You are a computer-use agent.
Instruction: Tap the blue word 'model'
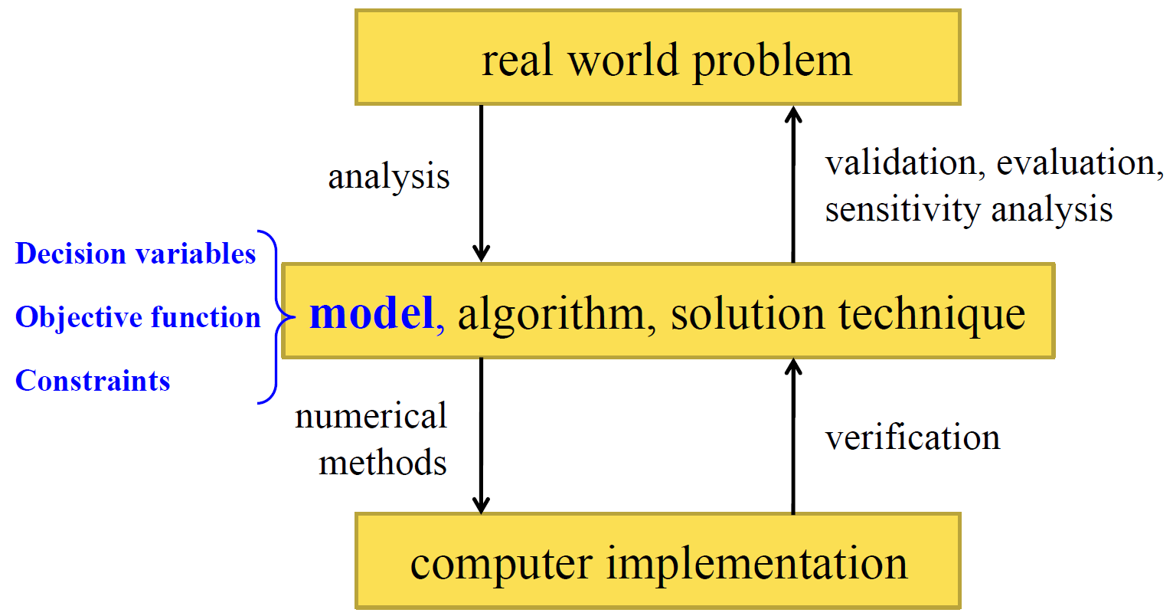[x=371, y=313]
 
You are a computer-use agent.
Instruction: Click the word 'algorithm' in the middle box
[x=551, y=314]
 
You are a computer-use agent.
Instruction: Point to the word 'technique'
[x=931, y=314]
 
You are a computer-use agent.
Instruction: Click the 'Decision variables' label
[x=136, y=254]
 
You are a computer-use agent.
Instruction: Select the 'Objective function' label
[x=138, y=317]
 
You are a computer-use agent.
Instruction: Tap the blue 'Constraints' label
[x=93, y=381]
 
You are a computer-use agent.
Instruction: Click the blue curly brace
[x=274, y=316]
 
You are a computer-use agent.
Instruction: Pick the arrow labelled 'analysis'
[x=481, y=184]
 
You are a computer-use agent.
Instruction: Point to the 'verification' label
[x=912, y=437]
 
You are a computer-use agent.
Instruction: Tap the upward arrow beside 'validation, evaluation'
[x=793, y=184]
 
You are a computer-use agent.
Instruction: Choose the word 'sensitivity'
[x=902, y=209]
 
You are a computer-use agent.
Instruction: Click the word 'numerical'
[x=371, y=417]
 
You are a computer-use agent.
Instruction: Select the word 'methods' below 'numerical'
[x=382, y=463]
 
